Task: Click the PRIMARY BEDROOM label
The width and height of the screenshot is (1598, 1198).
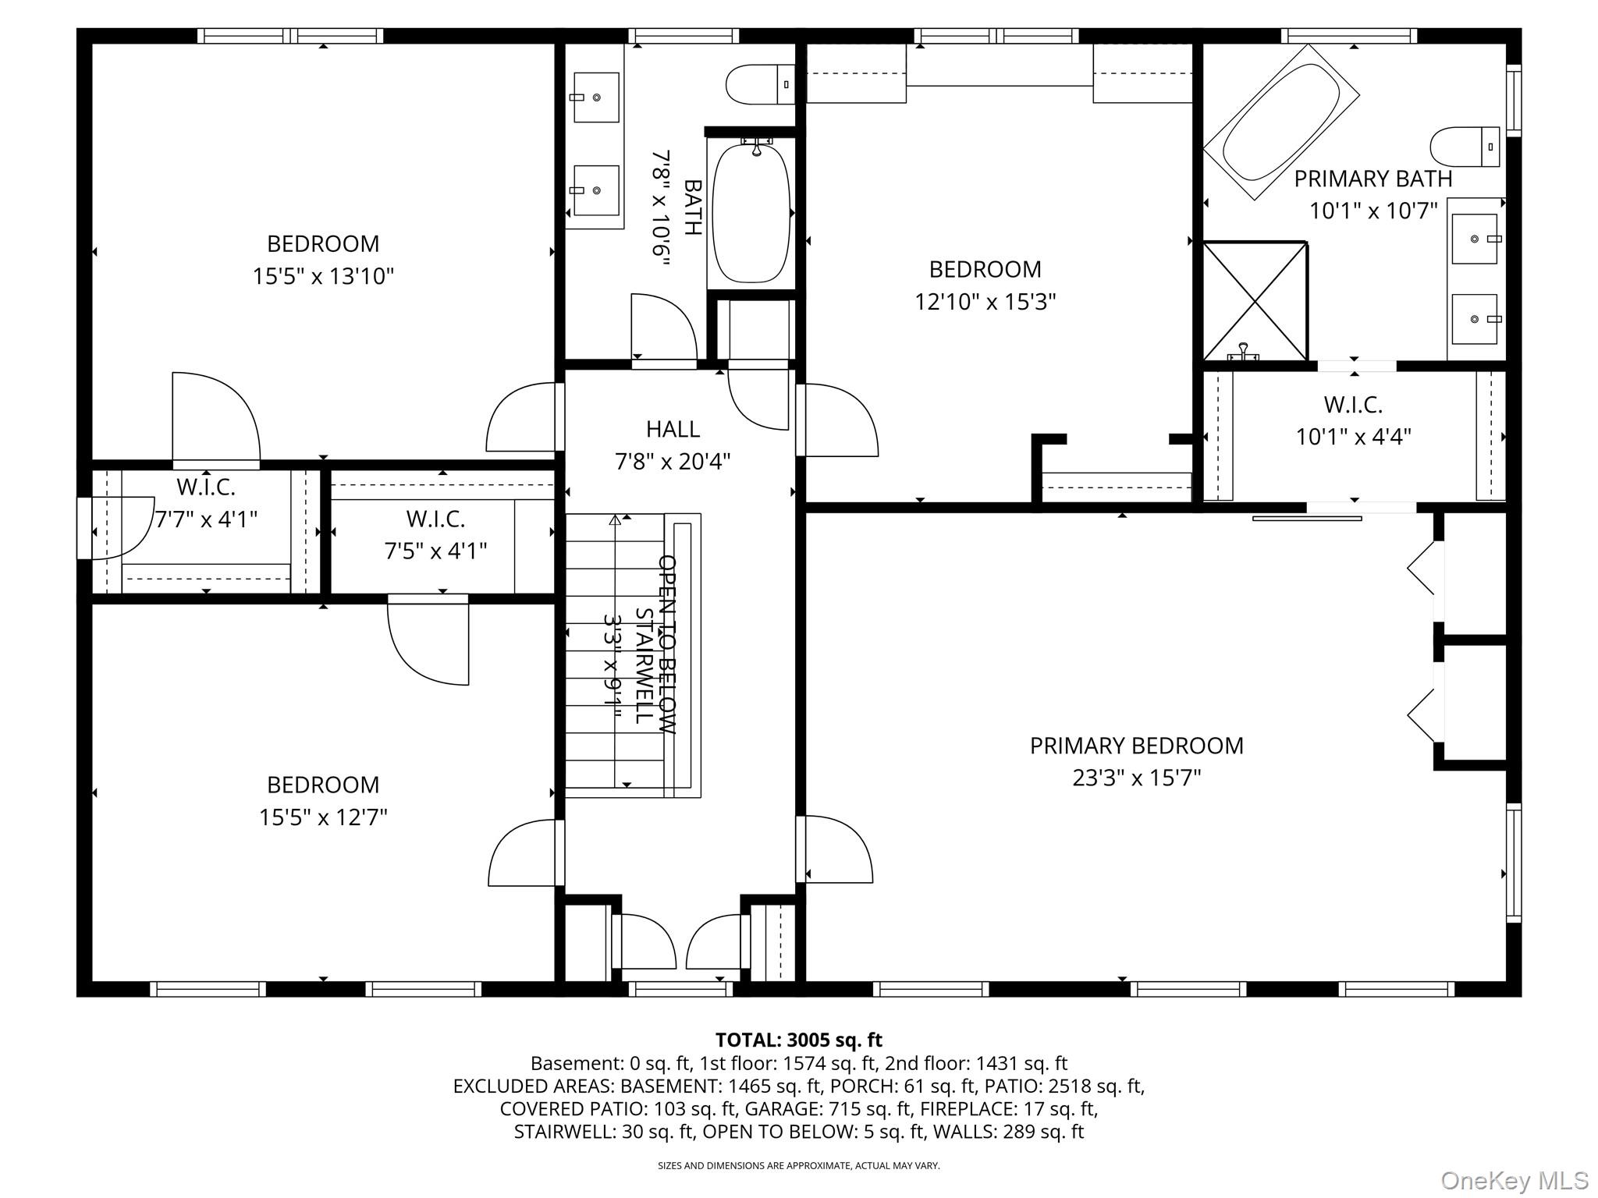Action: pyautogui.click(x=1136, y=746)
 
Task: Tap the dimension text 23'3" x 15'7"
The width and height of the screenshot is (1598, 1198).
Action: pyautogui.click(x=1136, y=778)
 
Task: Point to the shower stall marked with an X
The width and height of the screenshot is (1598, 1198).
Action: pyautogui.click(x=1255, y=302)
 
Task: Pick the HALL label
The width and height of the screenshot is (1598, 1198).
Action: pyautogui.click(x=673, y=429)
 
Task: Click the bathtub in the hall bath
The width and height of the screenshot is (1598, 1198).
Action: pyautogui.click(x=751, y=212)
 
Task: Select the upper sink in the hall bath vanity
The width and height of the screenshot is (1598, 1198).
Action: pyautogui.click(x=596, y=97)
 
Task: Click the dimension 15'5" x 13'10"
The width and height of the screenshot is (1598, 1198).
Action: pyautogui.click(x=323, y=276)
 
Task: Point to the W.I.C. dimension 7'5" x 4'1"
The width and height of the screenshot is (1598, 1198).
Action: pyautogui.click(x=435, y=551)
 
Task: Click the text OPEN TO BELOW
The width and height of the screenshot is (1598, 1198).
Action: pyautogui.click(x=666, y=644)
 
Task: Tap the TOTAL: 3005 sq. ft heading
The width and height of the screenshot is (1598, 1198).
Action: pyautogui.click(x=798, y=1040)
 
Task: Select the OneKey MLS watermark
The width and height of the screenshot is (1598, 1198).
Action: pyautogui.click(x=1514, y=1181)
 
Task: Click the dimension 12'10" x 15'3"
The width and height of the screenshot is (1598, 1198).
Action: pyautogui.click(x=985, y=302)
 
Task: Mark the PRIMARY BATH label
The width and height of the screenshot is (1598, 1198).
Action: pyautogui.click(x=1373, y=179)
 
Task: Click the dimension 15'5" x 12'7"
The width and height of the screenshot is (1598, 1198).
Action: pyautogui.click(x=323, y=817)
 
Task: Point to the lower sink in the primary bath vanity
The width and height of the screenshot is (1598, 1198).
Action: pyautogui.click(x=1474, y=319)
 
